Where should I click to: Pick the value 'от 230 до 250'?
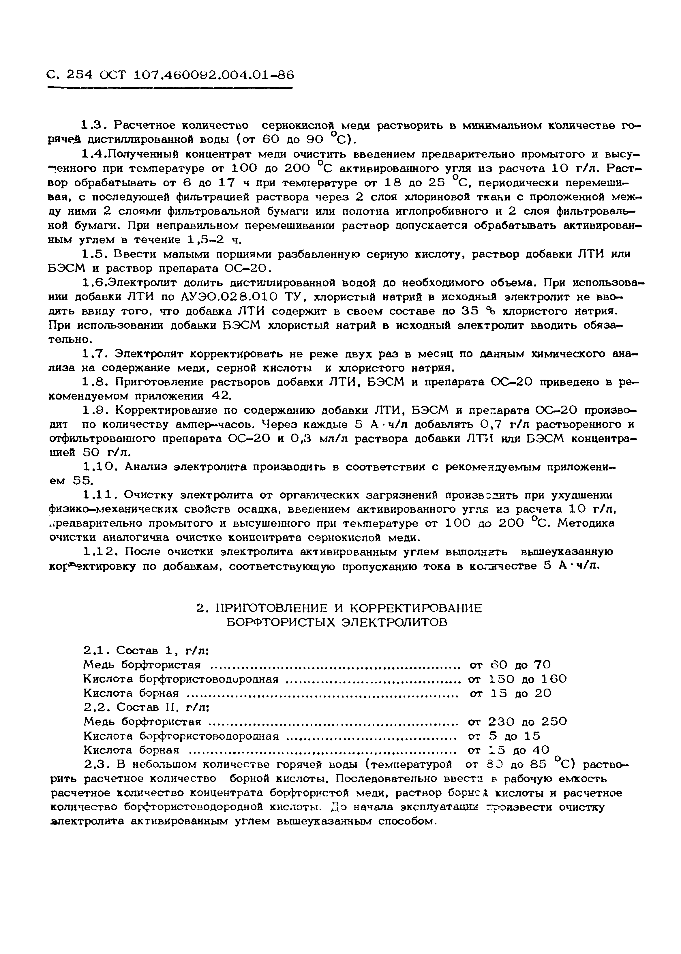coord(517,721)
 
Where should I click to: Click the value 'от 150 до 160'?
coord(517,679)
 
